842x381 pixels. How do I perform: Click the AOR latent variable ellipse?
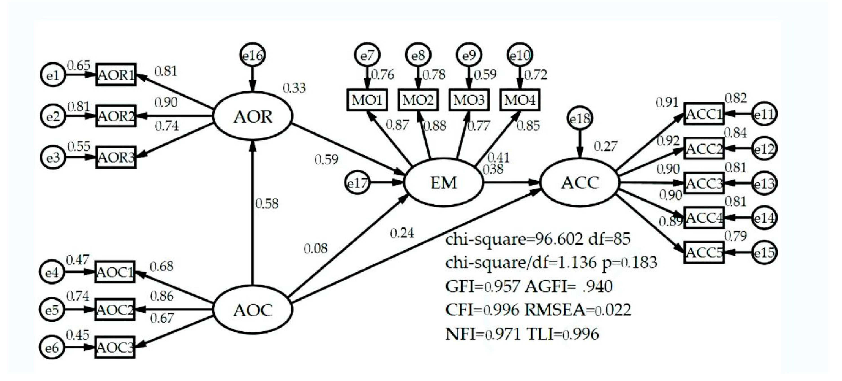pos(252,116)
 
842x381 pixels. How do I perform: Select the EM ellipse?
pos(443,183)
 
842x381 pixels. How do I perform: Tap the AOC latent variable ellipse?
pos(252,310)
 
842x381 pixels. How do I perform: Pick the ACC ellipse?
pos(580,183)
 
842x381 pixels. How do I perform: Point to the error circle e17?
pos(358,183)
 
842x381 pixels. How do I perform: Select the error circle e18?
pos(580,118)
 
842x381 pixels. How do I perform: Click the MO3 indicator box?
pos(469,100)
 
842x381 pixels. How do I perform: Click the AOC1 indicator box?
pos(115,272)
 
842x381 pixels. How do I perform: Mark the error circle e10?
pos(519,56)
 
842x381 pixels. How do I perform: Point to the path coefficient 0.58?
pos(267,204)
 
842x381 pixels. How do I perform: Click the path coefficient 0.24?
pos(402,233)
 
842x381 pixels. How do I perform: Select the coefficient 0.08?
pos(315,249)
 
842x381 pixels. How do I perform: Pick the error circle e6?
pos(52,347)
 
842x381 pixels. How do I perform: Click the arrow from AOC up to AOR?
pos(252,213)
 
